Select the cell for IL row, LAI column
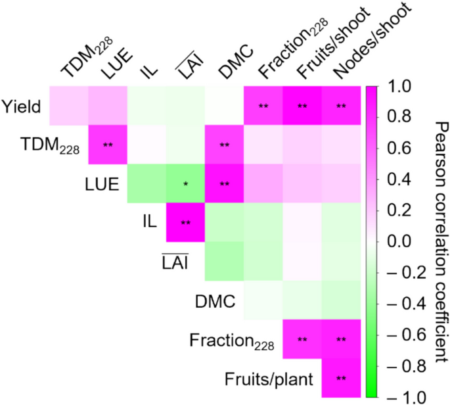[x=186, y=222]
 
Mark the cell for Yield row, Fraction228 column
[x=263, y=105]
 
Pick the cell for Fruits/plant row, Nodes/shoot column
[x=342, y=379]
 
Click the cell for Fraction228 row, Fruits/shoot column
[x=302, y=339]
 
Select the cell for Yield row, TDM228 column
[x=69, y=105]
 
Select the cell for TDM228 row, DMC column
[x=225, y=144]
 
